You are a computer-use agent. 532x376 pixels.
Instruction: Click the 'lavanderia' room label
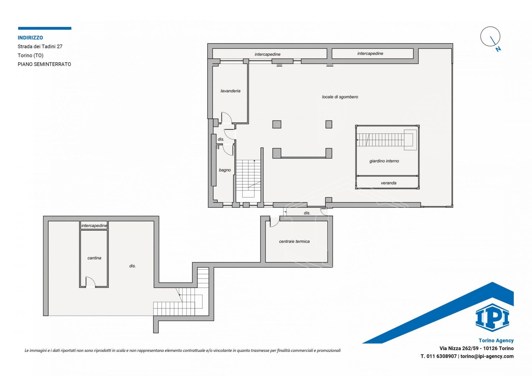tap(230, 91)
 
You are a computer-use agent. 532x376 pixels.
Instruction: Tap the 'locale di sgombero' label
tap(340, 97)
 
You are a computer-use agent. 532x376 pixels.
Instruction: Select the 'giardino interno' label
tap(384, 161)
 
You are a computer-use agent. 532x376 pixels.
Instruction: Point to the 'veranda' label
tap(388, 183)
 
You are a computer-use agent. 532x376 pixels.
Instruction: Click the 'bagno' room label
tap(225, 170)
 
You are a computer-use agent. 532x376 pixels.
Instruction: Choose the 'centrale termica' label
tap(294, 241)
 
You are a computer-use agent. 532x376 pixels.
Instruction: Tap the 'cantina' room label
tap(94, 258)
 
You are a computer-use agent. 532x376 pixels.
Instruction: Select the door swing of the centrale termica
tap(274, 222)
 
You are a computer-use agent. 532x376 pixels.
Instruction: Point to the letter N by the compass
tap(498, 49)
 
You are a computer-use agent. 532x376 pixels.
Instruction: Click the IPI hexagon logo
tap(492, 318)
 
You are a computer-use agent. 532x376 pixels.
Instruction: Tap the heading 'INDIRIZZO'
tap(30, 38)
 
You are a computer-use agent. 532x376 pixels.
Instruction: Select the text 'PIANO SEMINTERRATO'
tap(44, 64)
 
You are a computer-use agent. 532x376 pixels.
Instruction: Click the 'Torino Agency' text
tap(496, 341)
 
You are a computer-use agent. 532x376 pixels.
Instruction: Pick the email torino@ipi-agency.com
tap(487, 356)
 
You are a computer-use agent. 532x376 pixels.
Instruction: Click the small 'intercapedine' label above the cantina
tap(94, 226)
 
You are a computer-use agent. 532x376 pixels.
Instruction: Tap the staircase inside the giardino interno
tap(387, 140)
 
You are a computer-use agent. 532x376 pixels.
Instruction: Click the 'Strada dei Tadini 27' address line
tap(40, 47)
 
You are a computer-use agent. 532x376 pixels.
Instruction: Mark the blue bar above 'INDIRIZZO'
tap(45, 28)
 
